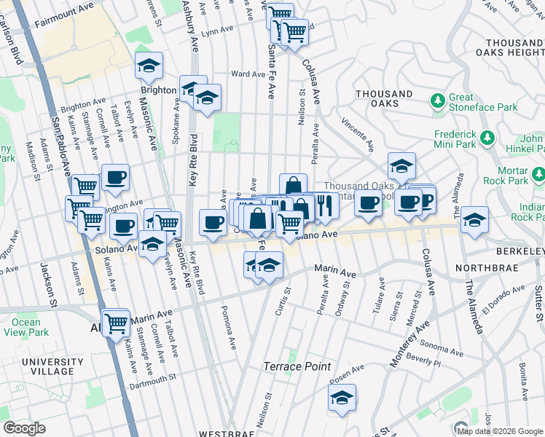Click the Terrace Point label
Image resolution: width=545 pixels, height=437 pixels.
[x=297, y=366]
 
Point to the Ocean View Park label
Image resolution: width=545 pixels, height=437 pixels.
[x=26, y=327]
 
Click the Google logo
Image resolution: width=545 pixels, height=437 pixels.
[x=24, y=428]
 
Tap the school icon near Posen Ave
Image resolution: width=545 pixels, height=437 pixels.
[x=342, y=398]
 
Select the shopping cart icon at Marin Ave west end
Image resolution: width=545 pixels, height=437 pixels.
[x=117, y=323]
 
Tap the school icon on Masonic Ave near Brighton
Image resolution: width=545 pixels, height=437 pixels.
[x=149, y=68]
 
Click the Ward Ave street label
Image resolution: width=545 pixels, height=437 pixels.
[x=247, y=74]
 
